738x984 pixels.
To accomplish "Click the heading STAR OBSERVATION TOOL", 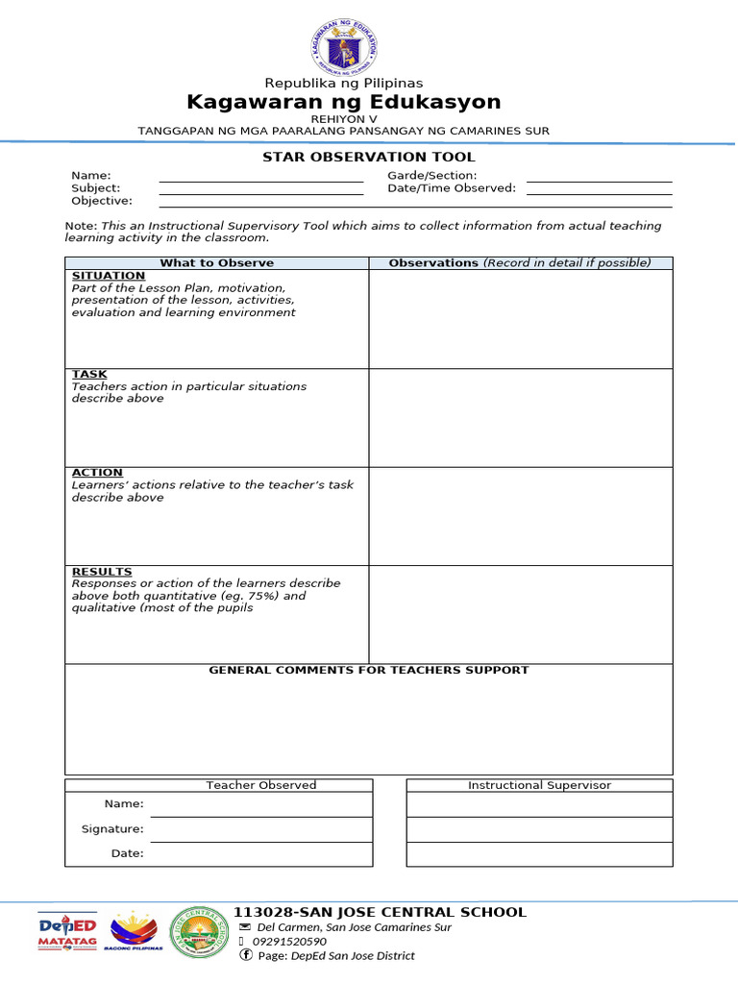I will [369, 157].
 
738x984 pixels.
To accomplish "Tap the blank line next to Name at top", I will [260, 180].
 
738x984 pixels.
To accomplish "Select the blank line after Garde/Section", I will [599, 180].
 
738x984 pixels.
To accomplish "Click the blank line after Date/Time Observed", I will [599, 192].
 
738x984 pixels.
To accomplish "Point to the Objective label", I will [102, 201].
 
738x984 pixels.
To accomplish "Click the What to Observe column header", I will [216, 262].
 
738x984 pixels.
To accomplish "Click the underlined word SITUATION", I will [109, 276].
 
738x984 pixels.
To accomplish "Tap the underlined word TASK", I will [89, 374].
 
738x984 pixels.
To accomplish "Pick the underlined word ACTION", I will [97, 473].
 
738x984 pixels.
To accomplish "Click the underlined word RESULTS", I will [102, 572].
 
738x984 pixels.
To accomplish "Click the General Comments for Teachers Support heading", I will [369, 670].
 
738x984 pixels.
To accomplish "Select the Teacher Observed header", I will [261, 785].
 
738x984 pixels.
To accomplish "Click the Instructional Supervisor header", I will [539, 785].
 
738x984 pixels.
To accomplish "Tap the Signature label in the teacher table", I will [112, 828].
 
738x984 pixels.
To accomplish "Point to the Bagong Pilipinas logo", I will [135, 931].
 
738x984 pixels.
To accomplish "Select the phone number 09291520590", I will [289, 942].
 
